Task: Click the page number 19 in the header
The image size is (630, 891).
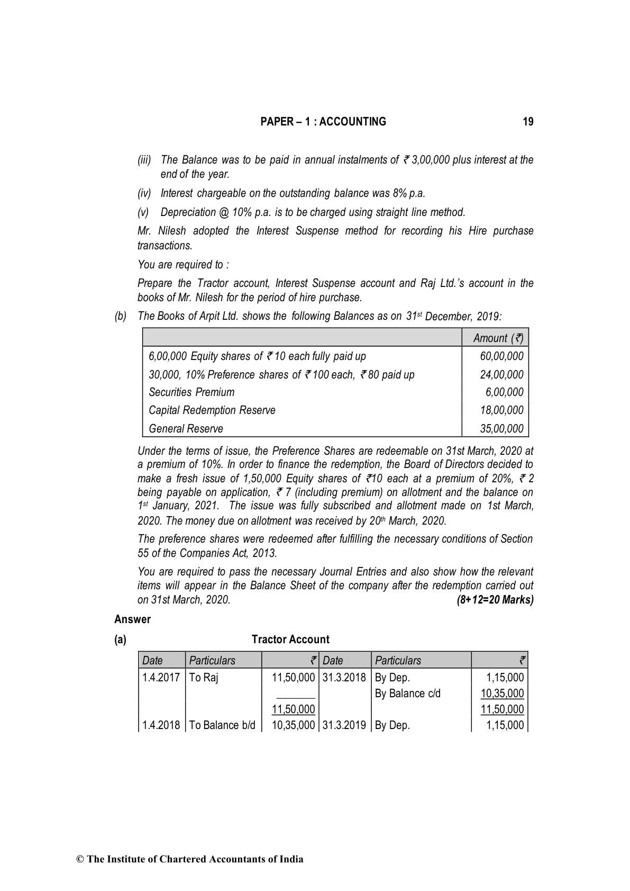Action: click(528, 122)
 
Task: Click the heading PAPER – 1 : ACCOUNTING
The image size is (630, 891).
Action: click(323, 122)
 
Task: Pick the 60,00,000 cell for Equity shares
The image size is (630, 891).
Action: click(501, 356)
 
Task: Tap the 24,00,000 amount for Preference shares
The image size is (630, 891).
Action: click(501, 375)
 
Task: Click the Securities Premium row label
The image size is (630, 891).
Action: click(191, 392)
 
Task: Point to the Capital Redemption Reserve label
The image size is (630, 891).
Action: click(212, 410)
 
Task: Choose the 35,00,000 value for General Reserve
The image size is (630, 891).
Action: click(501, 428)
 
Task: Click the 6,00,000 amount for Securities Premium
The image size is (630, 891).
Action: click(504, 392)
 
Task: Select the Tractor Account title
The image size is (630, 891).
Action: click(290, 640)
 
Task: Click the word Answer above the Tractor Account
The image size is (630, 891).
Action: click(132, 619)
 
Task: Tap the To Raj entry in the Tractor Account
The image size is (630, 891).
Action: click(204, 678)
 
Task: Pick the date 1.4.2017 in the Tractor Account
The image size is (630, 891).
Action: click(161, 678)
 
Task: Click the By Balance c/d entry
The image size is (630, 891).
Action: click(407, 694)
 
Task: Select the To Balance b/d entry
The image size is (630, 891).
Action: click(222, 725)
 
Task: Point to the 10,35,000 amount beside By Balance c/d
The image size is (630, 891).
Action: click(502, 694)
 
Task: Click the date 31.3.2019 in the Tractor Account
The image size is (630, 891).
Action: click(344, 725)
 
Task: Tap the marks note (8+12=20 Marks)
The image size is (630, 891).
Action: click(495, 600)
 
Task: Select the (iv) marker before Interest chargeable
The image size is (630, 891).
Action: click(144, 193)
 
